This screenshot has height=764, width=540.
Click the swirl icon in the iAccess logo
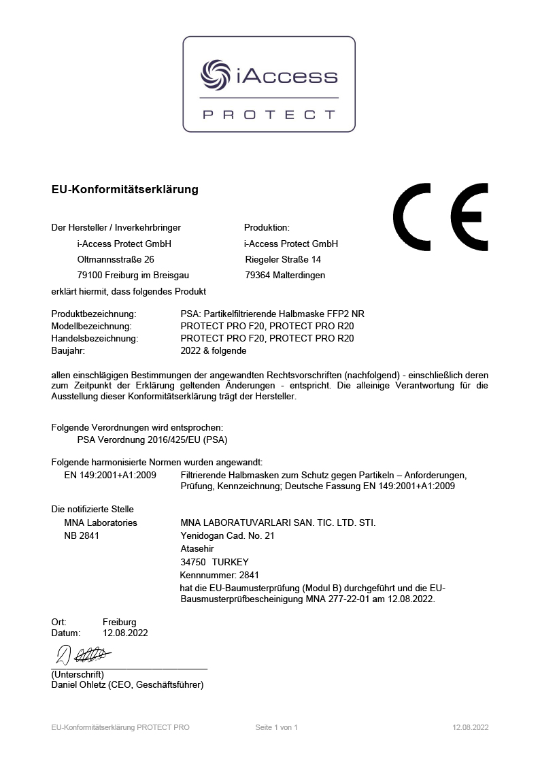[x=216, y=75]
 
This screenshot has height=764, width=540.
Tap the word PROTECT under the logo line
[x=269, y=115]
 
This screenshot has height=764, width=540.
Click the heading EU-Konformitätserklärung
[x=124, y=190]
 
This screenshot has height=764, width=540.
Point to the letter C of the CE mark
[x=411, y=216]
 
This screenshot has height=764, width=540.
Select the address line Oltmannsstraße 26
[x=116, y=259]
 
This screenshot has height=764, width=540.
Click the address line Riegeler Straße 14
[x=282, y=259]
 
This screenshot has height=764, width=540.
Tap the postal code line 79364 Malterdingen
[x=284, y=276]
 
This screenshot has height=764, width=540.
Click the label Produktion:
[x=267, y=227]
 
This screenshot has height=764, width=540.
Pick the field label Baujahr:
[x=69, y=351]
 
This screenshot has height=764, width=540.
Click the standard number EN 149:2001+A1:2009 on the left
[x=110, y=475]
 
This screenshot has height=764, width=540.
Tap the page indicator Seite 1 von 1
[x=276, y=727]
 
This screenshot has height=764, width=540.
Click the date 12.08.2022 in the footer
[x=470, y=727]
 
